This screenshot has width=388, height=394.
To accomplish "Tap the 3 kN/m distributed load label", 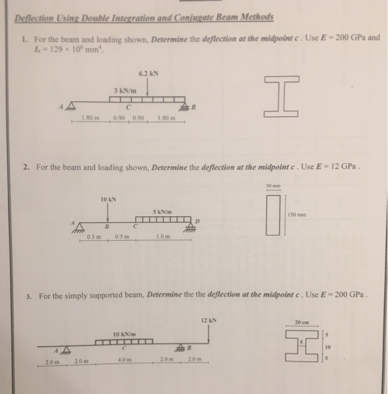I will click(x=123, y=90).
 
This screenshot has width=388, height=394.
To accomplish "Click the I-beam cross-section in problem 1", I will click(x=279, y=97).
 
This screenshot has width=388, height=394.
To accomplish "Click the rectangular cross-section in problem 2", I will click(x=273, y=214).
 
